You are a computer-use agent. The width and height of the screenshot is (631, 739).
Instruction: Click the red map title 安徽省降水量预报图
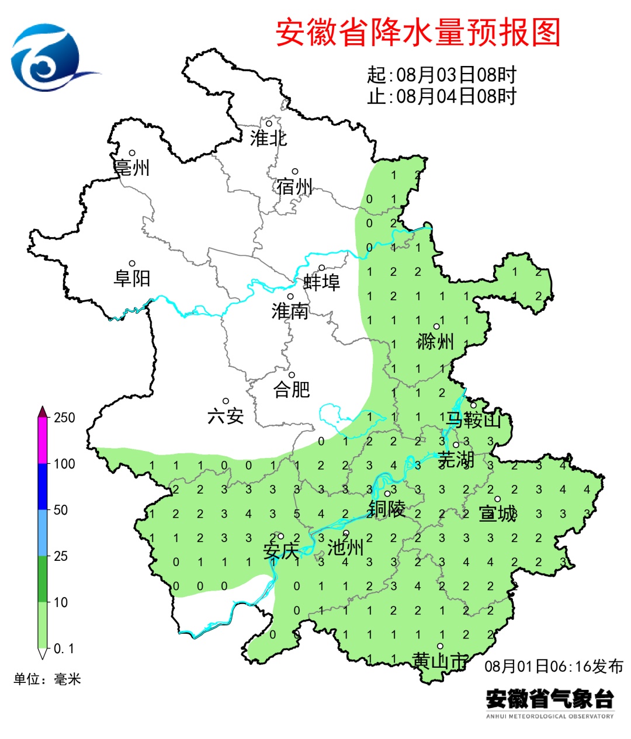(x=418, y=32)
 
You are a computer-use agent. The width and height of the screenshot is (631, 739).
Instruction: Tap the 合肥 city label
(x=292, y=389)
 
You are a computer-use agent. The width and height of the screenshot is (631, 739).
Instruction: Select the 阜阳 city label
(x=132, y=278)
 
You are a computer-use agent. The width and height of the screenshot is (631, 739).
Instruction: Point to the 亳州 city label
(x=132, y=168)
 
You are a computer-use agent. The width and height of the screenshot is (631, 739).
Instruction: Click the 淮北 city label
(x=268, y=138)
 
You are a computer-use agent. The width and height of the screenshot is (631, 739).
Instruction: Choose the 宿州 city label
(x=295, y=187)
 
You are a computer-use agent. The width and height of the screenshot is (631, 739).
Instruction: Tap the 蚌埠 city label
(x=321, y=283)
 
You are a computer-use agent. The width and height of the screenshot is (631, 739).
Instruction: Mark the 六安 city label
(x=226, y=416)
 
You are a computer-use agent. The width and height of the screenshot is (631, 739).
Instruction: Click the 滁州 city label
(x=435, y=341)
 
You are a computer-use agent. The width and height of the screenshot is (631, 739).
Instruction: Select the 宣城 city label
(x=497, y=514)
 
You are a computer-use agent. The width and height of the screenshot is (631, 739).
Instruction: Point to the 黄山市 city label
(x=440, y=661)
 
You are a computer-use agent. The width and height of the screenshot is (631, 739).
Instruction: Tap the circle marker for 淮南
(x=290, y=297)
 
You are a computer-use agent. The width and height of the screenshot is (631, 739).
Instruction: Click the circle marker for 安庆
(x=280, y=536)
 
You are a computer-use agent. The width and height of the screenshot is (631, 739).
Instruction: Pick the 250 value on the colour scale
(x=64, y=418)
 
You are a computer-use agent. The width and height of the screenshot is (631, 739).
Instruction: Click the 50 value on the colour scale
(x=61, y=510)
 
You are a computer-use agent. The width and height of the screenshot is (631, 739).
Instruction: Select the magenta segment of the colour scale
(x=42, y=441)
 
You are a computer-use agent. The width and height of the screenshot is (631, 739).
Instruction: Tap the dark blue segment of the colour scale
(x=42, y=487)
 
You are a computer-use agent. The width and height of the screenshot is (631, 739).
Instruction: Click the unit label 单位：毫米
(x=47, y=679)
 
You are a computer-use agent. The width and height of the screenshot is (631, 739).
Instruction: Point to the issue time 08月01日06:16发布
(x=554, y=667)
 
